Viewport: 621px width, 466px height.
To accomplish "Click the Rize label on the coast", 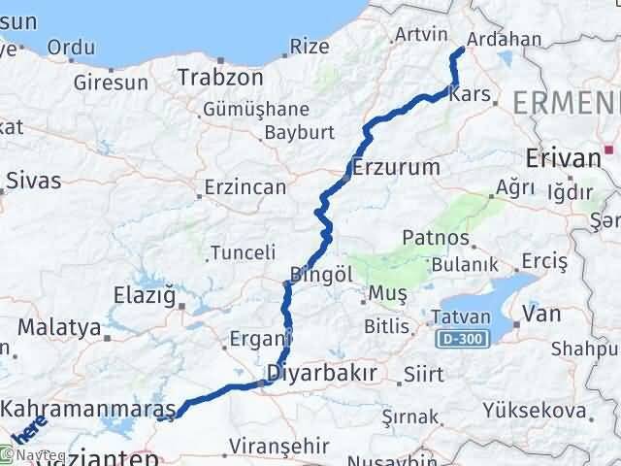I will coord(310,46).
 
